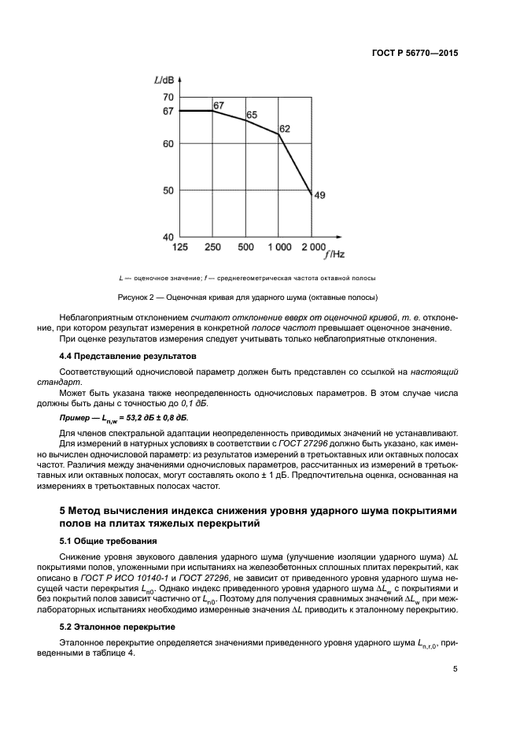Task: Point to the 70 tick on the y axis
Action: tap(168, 97)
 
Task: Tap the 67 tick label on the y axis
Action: tap(168, 111)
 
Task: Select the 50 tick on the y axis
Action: tap(168, 190)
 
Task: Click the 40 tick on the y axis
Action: tap(168, 236)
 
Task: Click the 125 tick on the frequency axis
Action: tap(181, 248)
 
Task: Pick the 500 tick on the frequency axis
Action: tap(245, 248)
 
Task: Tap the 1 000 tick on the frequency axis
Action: tap(278, 248)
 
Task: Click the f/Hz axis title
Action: tap(334, 253)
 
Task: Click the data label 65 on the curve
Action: tap(252, 116)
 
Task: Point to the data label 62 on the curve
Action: tap(285, 128)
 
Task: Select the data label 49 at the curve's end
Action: tap(319, 195)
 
